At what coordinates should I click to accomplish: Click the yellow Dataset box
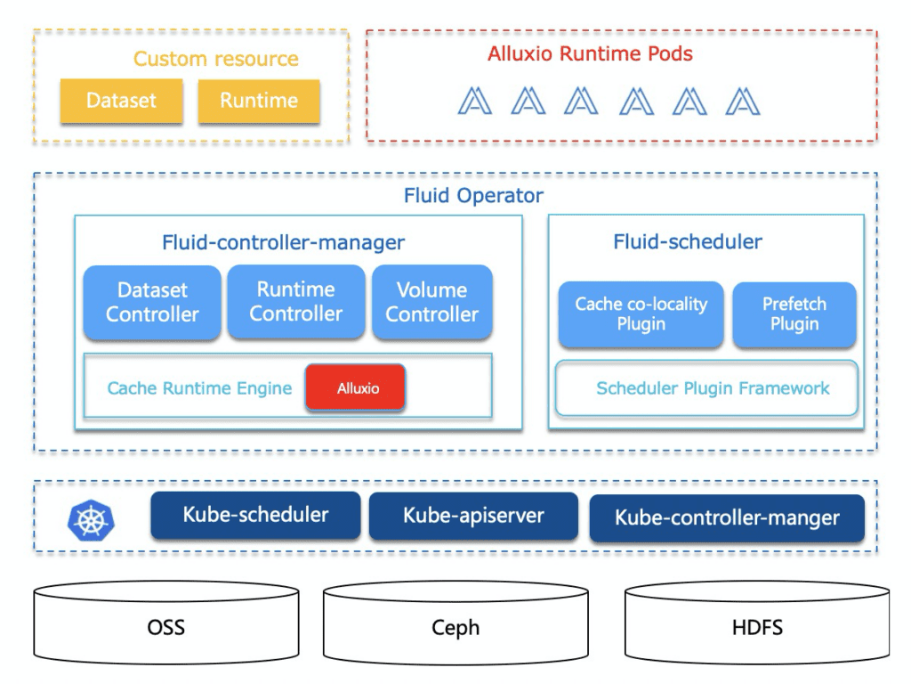coord(121,101)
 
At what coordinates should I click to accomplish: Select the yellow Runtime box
coord(258,101)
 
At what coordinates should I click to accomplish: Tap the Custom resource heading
coord(215,59)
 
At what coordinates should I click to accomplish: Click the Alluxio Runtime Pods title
coord(590,53)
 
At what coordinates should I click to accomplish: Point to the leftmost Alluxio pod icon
coord(475,102)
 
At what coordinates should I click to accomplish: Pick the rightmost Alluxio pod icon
coord(742,102)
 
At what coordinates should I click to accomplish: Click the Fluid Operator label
coord(473,195)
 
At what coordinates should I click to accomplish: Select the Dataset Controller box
coord(152,302)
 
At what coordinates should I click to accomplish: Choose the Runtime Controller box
coord(295,301)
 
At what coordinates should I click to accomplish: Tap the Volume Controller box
coord(431,302)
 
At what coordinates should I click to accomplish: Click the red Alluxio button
coord(355,388)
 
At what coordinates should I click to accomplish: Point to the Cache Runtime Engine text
coord(199,388)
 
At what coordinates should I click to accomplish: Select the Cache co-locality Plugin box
coord(641,314)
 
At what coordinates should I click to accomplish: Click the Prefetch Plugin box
coord(794,314)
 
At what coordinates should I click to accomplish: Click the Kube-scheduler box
coord(255,515)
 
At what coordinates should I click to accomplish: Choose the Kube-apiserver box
coord(473,516)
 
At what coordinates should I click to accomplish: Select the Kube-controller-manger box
coord(727,517)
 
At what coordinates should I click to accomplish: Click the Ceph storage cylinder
coord(455,626)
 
